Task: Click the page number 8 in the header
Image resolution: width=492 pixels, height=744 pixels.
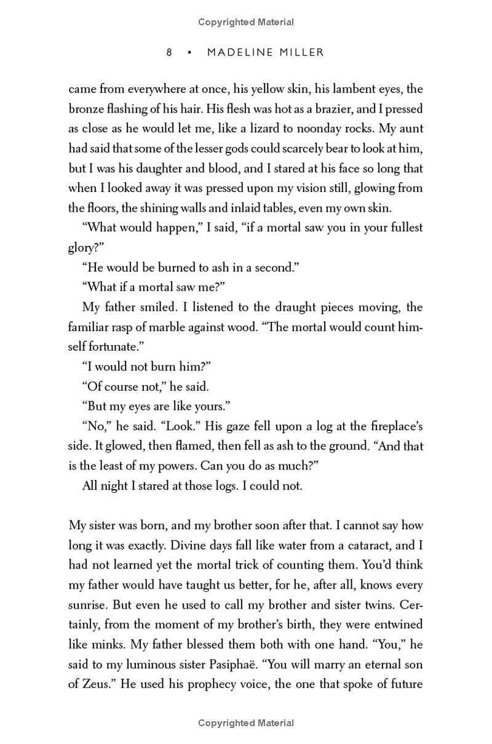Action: click(x=169, y=53)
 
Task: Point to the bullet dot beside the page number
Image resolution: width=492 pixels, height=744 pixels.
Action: click(x=190, y=53)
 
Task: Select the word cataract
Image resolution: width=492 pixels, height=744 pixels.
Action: click(x=371, y=545)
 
